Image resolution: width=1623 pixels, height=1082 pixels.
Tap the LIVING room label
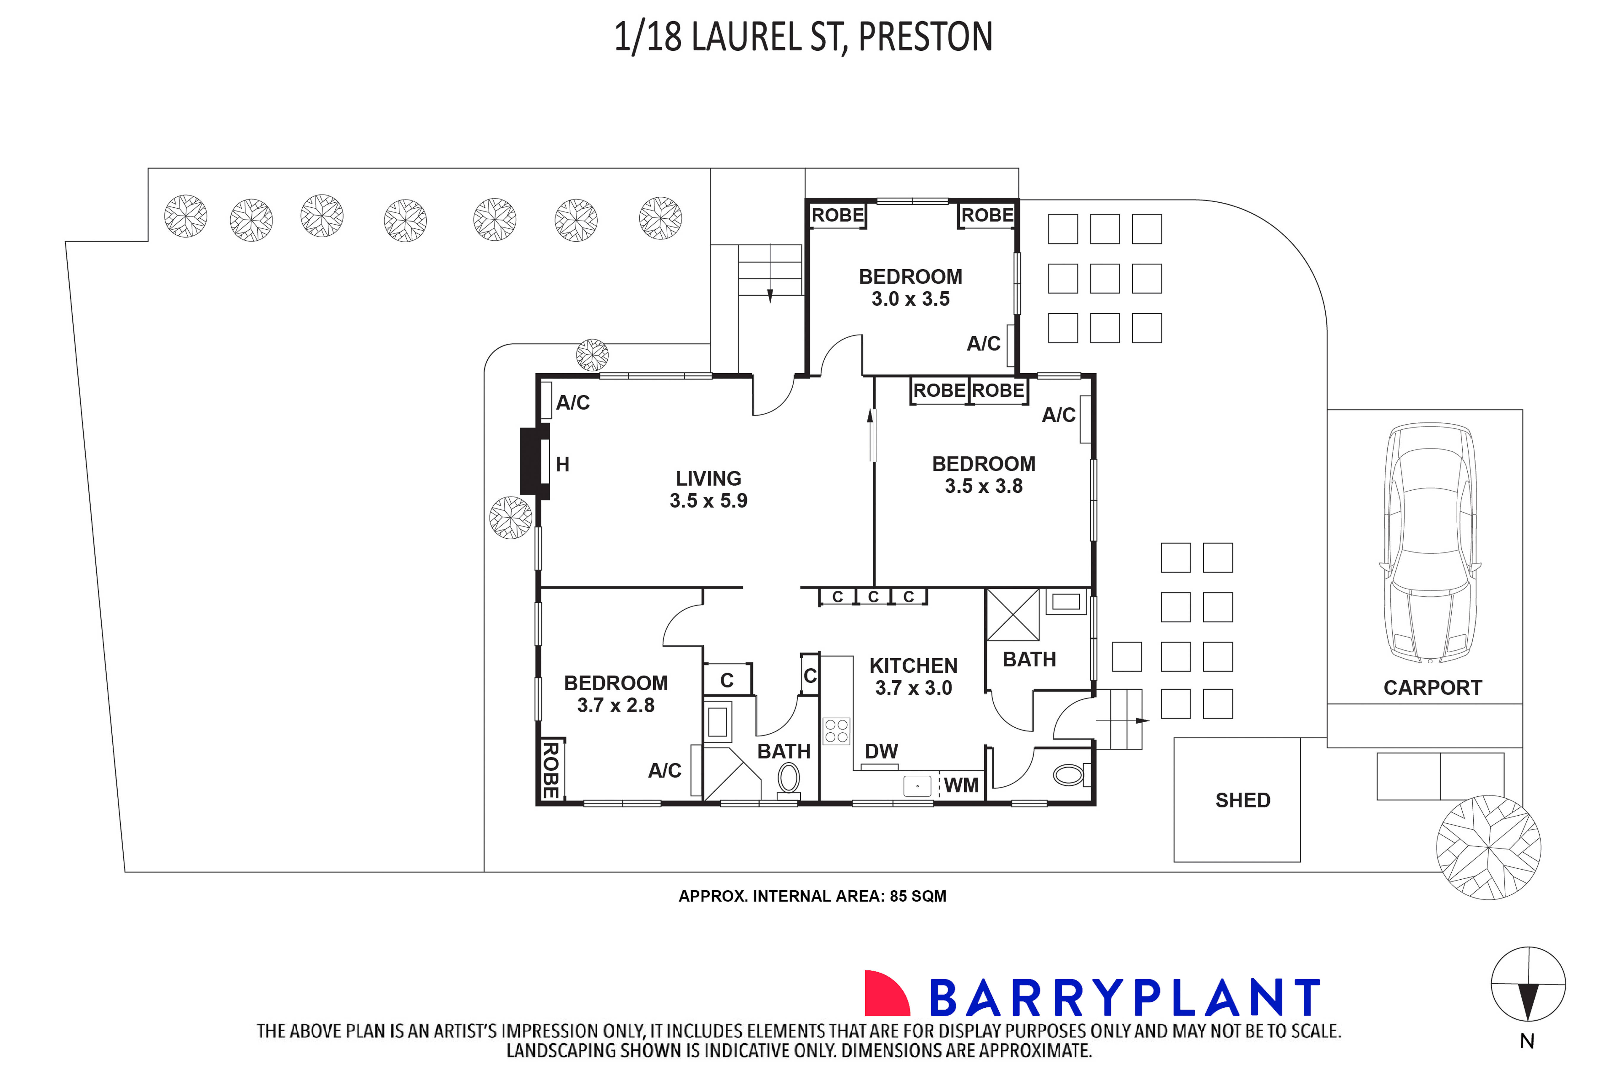click(708, 478)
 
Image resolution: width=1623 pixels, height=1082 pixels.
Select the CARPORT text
click(1432, 688)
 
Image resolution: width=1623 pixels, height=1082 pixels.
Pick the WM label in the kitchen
click(961, 785)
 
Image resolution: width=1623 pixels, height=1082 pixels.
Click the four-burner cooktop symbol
click(836, 731)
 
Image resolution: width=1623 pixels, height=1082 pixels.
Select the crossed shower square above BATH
click(1012, 614)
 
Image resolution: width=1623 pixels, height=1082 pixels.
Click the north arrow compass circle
click(1528, 984)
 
